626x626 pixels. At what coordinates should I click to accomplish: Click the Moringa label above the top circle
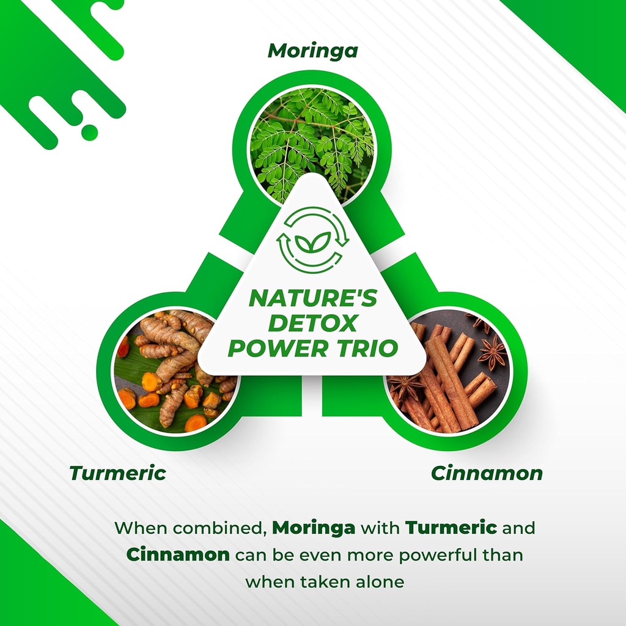click(x=312, y=51)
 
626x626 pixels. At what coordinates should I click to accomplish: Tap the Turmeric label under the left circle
click(x=117, y=473)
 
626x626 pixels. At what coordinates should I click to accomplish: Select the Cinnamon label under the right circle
click(x=487, y=473)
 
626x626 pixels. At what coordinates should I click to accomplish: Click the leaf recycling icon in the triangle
click(x=312, y=239)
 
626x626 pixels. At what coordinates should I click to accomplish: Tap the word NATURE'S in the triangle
click(x=312, y=300)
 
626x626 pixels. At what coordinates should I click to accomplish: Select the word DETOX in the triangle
click(x=312, y=323)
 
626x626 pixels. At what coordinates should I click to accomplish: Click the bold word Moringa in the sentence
click(x=314, y=527)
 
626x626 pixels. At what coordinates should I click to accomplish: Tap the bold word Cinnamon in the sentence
click(x=179, y=554)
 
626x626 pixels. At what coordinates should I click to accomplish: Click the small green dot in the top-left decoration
click(x=90, y=132)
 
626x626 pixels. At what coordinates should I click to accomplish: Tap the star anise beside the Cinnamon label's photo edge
click(x=492, y=353)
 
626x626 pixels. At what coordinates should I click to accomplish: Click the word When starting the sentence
click(x=139, y=527)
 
